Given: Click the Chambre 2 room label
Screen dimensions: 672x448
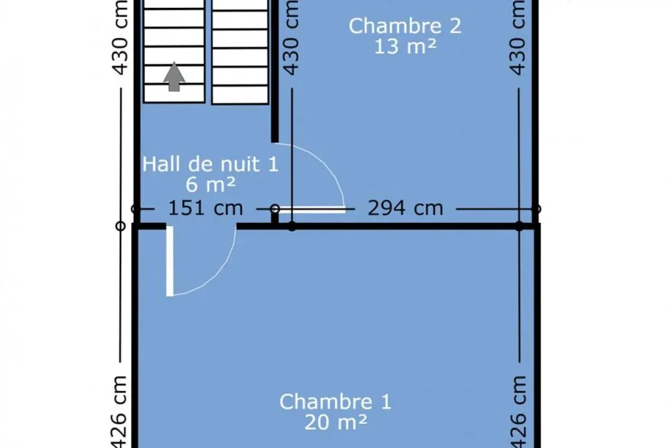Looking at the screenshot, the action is click(405, 26).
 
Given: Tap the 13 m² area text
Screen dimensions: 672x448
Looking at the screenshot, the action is click(405, 47).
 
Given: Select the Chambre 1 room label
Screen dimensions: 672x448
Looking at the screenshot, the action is click(335, 402).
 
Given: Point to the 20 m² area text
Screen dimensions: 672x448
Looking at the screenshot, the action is click(335, 422).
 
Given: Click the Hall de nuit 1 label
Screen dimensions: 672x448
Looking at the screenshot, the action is click(211, 164).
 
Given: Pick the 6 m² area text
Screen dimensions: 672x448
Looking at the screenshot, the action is click(211, 185).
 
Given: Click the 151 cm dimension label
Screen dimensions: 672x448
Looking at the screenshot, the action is click(206, 208).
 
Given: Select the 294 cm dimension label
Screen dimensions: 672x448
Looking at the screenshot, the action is click(405, 208).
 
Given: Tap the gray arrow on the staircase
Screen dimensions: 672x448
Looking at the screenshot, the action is click(174, 77).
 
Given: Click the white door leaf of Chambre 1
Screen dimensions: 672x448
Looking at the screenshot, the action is click(170, 261).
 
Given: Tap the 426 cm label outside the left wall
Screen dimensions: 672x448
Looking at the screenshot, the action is click(119, 412).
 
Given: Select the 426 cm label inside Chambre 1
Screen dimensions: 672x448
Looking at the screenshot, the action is click(518, 412).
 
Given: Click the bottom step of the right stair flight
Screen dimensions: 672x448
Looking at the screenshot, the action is click(240, 95).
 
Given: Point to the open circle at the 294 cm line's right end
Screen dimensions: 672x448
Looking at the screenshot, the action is click(536, 209).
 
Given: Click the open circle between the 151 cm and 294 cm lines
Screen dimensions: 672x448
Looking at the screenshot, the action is click(275, 209).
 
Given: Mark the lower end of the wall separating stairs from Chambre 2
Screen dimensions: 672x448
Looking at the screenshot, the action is click(275, 142).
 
